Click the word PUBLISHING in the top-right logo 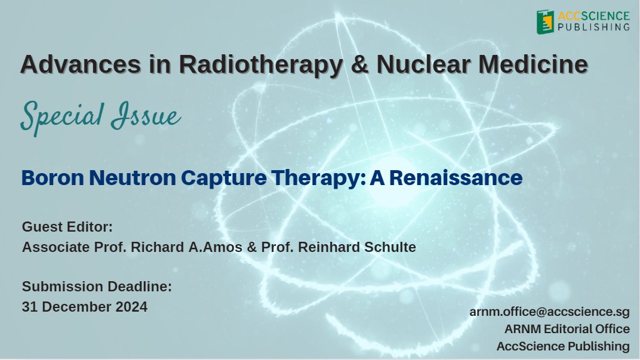pyautogui.click(x=594, y=27)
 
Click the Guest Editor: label pyautogui.click(x=67, y=227)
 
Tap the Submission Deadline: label pyautogui.click(x=97, y=287)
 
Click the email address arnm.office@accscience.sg pyautogui.click(x=549, y=312)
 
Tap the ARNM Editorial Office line pyautogui.click(x=567, y=329)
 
